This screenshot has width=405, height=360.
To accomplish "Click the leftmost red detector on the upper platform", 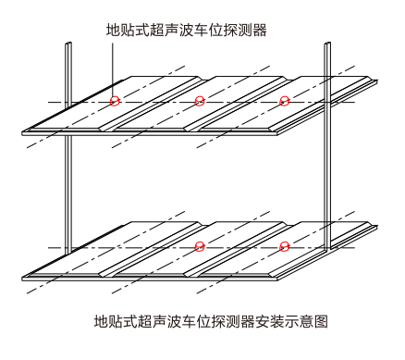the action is (x=115, y=101).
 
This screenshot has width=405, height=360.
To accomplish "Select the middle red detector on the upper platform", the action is (x=200, y=101).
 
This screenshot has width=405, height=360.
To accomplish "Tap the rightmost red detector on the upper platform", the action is (x=284, y=101).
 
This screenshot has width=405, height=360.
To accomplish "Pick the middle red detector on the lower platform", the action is (x=200, y=246).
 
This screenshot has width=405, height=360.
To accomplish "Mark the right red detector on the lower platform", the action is (x=284, y=246).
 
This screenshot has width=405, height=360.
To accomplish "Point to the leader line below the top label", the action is (x=113, y=70).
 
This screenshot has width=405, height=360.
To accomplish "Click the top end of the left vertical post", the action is (x=68, y=43).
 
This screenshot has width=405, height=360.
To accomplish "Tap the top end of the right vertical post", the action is (x=327, y=43).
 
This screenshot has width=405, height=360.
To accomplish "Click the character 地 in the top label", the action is (x=114, y=31).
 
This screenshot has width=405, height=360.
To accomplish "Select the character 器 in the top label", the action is (x=260, y=31).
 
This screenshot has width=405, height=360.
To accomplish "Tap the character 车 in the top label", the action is (x=201, y=31).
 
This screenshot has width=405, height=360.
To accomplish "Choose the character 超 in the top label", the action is (x=157, y=31).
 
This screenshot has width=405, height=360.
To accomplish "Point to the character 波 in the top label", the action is (x=187, y=31).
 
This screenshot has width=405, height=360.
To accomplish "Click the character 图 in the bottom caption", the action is (x=320, y=321).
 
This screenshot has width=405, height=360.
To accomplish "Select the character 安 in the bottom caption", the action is (x=262, y=321).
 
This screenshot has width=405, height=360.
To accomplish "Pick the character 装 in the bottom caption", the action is (x=276, y=321).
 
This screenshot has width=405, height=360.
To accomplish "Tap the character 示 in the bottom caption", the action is (x=291, y=321).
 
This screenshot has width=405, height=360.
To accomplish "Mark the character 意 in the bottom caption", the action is (x=306, y=321).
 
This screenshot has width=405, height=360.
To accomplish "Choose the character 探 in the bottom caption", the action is (x=218, y=321).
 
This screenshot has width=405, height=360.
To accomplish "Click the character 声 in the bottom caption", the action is (x=160, y=321).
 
